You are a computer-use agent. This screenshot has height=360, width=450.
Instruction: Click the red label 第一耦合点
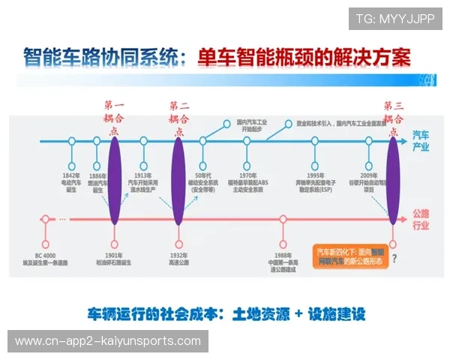coord(115,117)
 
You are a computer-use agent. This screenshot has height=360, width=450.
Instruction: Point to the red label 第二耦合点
coord(178,117)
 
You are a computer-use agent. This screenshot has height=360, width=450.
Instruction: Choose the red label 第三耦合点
coord(394,117)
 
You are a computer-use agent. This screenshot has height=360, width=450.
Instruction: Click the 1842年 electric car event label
coord(72,180)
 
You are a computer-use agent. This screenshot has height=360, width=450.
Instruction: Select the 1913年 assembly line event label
coord(145,181)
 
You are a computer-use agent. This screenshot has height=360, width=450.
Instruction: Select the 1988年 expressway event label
coord(283,263)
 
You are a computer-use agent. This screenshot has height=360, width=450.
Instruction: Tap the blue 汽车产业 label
coord(421,140)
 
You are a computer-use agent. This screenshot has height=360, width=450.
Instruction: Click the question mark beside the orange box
coord(394,259)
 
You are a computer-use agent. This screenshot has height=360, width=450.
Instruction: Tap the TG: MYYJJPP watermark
coord(395,19)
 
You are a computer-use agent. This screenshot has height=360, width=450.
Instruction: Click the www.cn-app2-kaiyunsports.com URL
coord(108,341)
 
